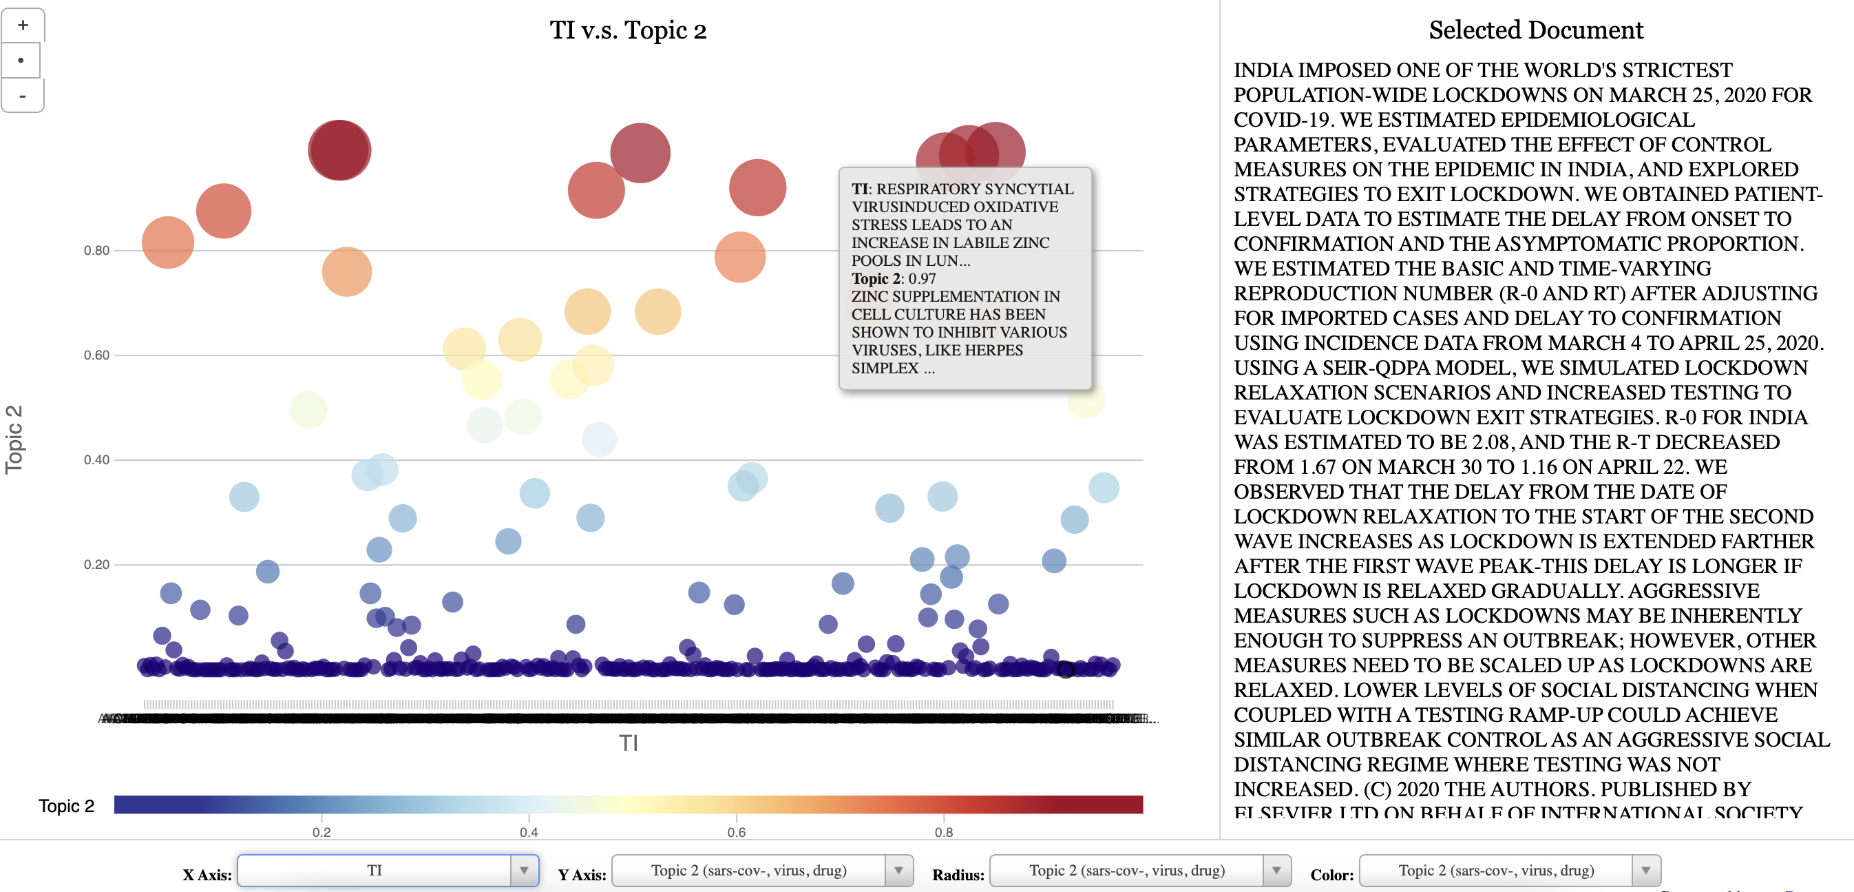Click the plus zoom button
point(23,25)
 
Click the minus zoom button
point(23,96)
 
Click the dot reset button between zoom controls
point(21,61)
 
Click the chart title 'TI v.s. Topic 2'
point(628,30)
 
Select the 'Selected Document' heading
point(1535,30)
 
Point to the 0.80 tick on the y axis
point(96,251)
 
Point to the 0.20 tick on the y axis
point(96,564)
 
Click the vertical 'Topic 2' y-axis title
point(14,439)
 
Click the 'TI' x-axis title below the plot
point(629,743)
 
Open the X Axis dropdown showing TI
point(387,871)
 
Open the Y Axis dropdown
point(761,871)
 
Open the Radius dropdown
point(1139,871)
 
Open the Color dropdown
point(1509,871)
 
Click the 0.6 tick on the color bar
point(736,831)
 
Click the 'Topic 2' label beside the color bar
point(66,806)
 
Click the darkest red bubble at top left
point(339,149)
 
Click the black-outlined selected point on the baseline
point(1065,670)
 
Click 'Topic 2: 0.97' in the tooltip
point(893,278)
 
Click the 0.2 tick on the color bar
point(322,831)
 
